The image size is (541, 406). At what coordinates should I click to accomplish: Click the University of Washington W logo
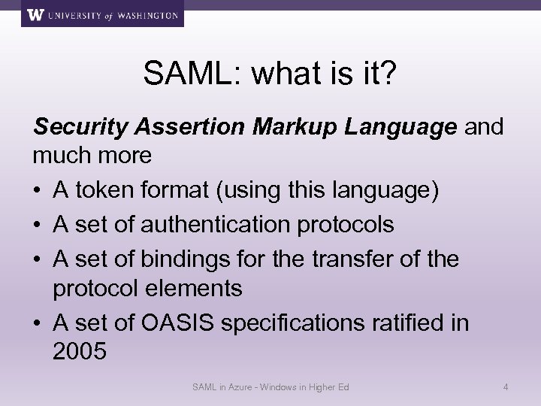(x=34, y=14)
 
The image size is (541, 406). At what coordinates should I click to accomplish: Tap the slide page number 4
(x=506, y=387)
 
